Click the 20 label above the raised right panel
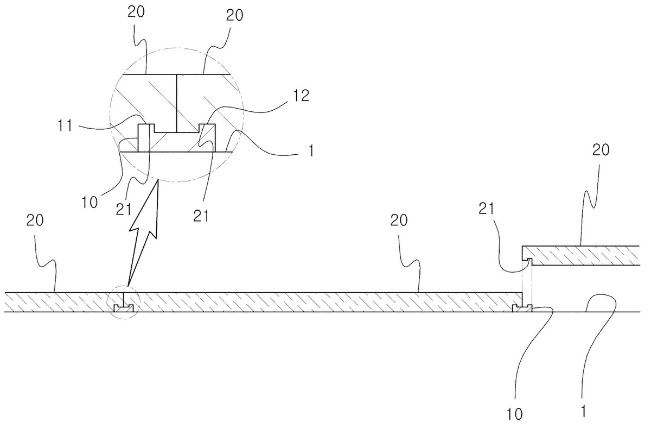tap(601, 150)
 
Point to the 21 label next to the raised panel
tap(486, 209)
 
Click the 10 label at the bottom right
tap(515, 414)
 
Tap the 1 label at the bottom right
tap(583, 411)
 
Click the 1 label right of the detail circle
tap(311, 150)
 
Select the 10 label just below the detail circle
tap(90, 203)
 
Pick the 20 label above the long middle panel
tap(399, 220)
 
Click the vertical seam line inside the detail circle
tap(176, 103)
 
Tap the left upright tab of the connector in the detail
tap(144, 138)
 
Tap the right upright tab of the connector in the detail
tap(207, 138)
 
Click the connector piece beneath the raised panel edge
tap(522, 308)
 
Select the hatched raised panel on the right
tap(580, 256)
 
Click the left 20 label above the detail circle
tap(136, 12)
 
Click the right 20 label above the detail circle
tap(234, 15)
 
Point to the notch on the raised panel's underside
tap(527, 260)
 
